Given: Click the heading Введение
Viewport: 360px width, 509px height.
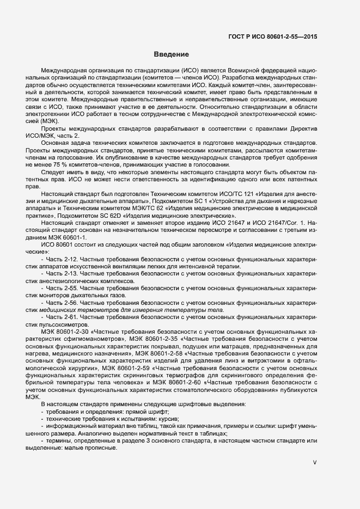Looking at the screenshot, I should pos(171,54).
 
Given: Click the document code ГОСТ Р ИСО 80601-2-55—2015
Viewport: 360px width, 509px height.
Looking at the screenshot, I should pos(272,37).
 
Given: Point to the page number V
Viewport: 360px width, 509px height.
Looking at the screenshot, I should pos(314,463).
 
